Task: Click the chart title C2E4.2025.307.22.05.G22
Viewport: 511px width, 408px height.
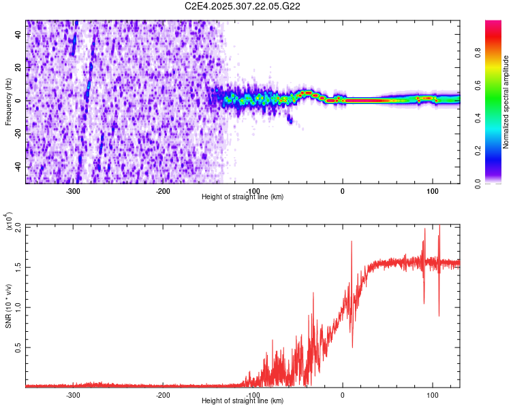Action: pyautogui.click(x=243, y=6)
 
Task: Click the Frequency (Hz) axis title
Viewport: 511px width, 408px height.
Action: pyautogui.click(x=8, y=102)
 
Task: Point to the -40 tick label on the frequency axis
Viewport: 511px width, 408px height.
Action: pyautogui.click(x=18, y=167)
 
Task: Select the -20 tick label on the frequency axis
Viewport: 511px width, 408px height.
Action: pyautogui.click(x=18, y=133)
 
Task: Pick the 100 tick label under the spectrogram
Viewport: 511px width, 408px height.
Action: pyautogui.click(x=432, y=190)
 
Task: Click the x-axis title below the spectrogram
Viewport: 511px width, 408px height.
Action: pyautogui.click(x=243, y=197)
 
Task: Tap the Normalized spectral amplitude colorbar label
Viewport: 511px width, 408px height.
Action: pyautogui.click(x=506, y=102)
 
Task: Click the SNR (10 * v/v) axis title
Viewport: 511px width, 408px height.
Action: pyautogui.click(x=8, y=306)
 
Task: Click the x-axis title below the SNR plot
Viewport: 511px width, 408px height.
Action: pyautogui.click(x=243, y=401)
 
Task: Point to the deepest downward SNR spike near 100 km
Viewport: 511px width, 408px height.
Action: pyautogui.click(x=439, y=315)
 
